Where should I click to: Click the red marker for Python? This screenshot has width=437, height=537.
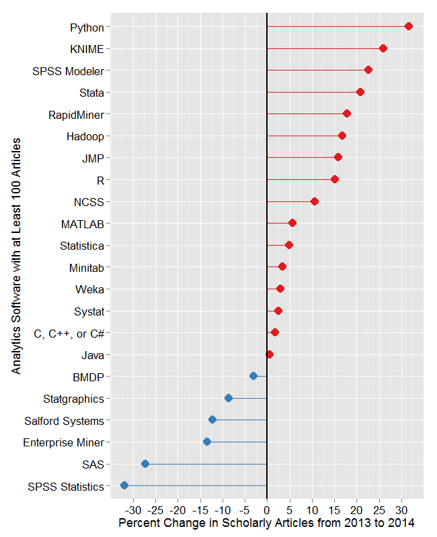(x=408, y=26)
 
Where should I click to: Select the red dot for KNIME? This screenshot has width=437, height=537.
(x=383, y=48)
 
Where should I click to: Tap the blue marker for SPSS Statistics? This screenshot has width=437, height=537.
(x=124, y=485)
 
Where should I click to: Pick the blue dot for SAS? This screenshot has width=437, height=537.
(x=145, y=464)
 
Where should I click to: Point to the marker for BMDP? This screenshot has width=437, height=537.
(x=253, y=376)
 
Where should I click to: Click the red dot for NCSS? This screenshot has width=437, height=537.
(x=315, y=201)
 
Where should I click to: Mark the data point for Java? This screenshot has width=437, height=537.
(x=270, y=354)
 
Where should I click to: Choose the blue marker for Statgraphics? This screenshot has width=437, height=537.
(x=229, y=398)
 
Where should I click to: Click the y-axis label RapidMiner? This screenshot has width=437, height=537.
(x=76, y=114)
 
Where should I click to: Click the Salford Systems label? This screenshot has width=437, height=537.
(x=64, y=421)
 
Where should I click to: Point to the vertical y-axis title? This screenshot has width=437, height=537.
(x=16, y=256)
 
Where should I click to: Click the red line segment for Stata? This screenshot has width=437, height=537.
(x=313, y=92)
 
